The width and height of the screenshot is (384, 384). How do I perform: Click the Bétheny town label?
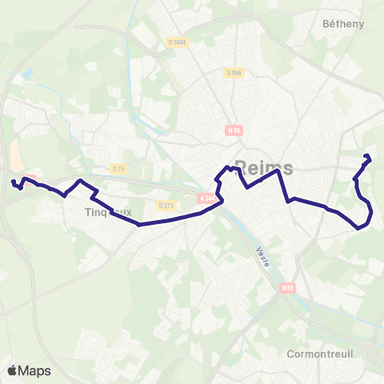[x=342, y=24]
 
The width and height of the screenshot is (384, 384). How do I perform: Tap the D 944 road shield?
[x=178, y=42]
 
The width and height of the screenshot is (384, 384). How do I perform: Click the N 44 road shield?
[x=234, y=130]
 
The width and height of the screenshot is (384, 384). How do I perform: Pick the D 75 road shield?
[x=118, y=168]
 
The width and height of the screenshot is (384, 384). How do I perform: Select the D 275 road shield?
[x=166, y=206]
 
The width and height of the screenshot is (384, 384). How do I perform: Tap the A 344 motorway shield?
[x=207, y=199]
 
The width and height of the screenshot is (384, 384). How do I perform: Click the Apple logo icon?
[x=12, y=370]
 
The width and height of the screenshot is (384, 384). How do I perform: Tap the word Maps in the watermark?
[x=34, y=370]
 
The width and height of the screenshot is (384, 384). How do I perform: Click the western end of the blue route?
[x=13, y=182]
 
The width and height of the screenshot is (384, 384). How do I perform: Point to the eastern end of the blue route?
[x=366, y=155]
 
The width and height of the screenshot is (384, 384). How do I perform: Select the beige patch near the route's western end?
[x=15, y=153]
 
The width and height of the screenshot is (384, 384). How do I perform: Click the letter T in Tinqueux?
[x=87, y=213]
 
